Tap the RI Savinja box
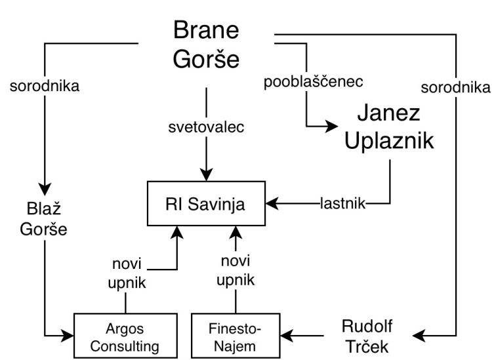click(x=206, y=203)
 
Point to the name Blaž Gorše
click(x=43, y=220)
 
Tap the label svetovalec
click(x=206, y=127)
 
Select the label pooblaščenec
click(x=313, y=83)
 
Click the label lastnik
click(x=343, y=203)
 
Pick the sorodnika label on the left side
click(x=45, y=87)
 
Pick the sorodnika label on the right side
click(x=455, y=87)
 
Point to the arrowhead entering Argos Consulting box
click(x=68, y=336)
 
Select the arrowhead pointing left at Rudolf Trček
click(x=426, y=336)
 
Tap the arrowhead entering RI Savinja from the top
click(x=206, y=174)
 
